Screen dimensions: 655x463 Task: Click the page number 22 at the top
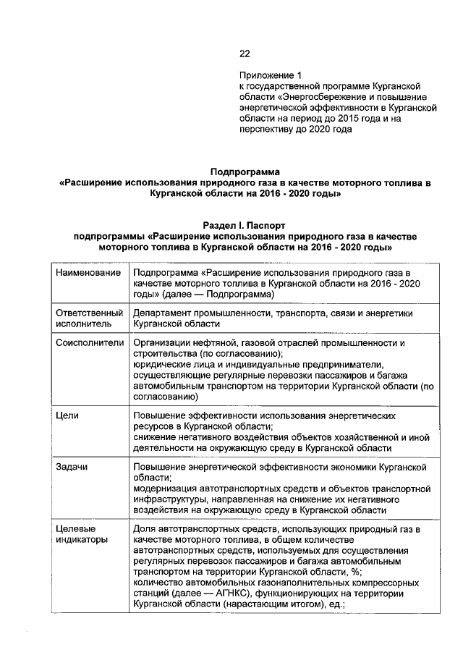(244, 53)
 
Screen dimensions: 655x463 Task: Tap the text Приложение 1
(269, 75)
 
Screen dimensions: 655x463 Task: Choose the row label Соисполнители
(90, 342)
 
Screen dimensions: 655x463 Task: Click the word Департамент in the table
(163, 313)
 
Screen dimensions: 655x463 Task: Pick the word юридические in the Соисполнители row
(161, 365)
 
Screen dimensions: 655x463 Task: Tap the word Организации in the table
(163, 342)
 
